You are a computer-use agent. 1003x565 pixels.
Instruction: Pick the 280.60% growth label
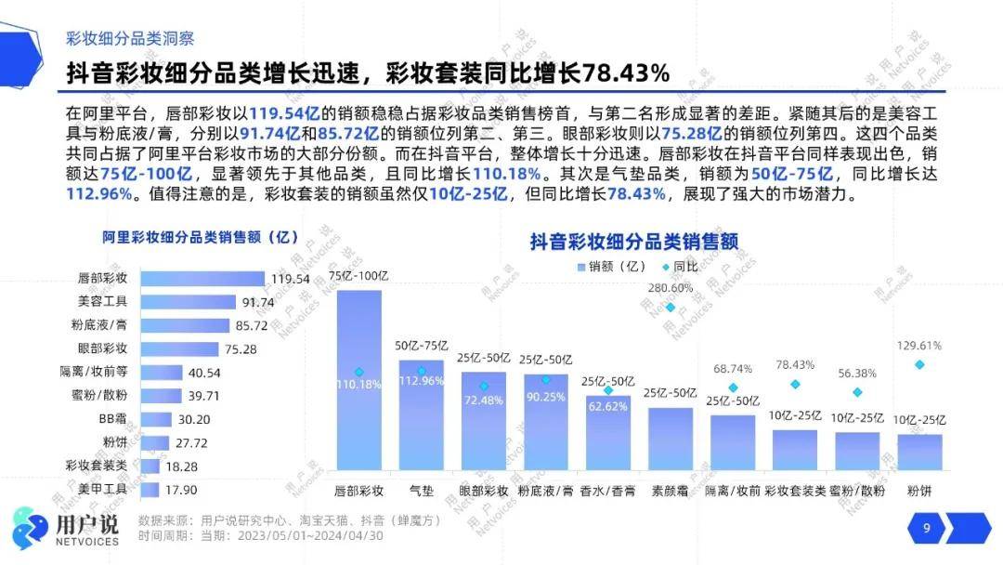670,288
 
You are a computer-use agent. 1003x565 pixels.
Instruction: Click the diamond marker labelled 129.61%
919,364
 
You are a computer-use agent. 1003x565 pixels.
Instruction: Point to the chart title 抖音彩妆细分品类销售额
633,242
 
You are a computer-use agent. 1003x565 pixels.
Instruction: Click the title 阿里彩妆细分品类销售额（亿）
187,237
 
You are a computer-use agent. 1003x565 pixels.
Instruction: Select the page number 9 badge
926,529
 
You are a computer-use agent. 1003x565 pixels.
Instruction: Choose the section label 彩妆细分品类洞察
129,39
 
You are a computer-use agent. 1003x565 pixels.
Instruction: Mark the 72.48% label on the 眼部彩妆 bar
483,401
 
